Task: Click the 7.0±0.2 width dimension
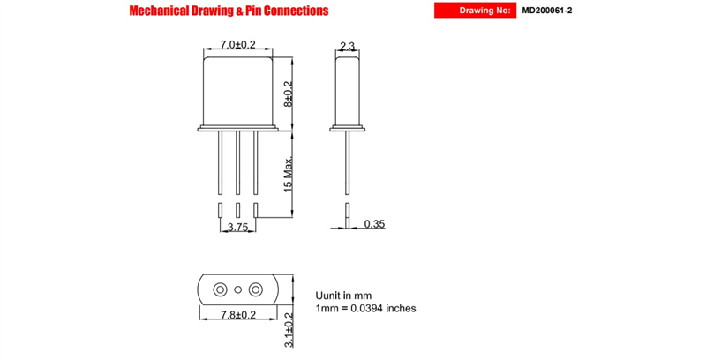click(237, 44)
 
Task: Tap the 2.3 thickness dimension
click(347, 46)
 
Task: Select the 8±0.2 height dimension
click(289, 94)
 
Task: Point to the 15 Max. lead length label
click(289, 174)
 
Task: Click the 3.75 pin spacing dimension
click(237, 228)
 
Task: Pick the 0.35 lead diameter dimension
click(374, 223)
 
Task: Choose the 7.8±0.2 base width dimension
click(238, 314)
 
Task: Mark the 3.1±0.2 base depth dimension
click(289, 330)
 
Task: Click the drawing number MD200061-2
click(547, 11)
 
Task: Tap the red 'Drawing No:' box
click(475, 11)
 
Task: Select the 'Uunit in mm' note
click(343, 296)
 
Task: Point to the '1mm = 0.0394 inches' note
click(365, 308)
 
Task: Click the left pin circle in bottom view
click(220, 289)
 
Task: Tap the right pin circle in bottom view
click(256, 289)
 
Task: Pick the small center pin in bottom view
click(238, 289)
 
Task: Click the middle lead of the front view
click(237, 163)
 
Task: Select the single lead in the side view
click(347, 163)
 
